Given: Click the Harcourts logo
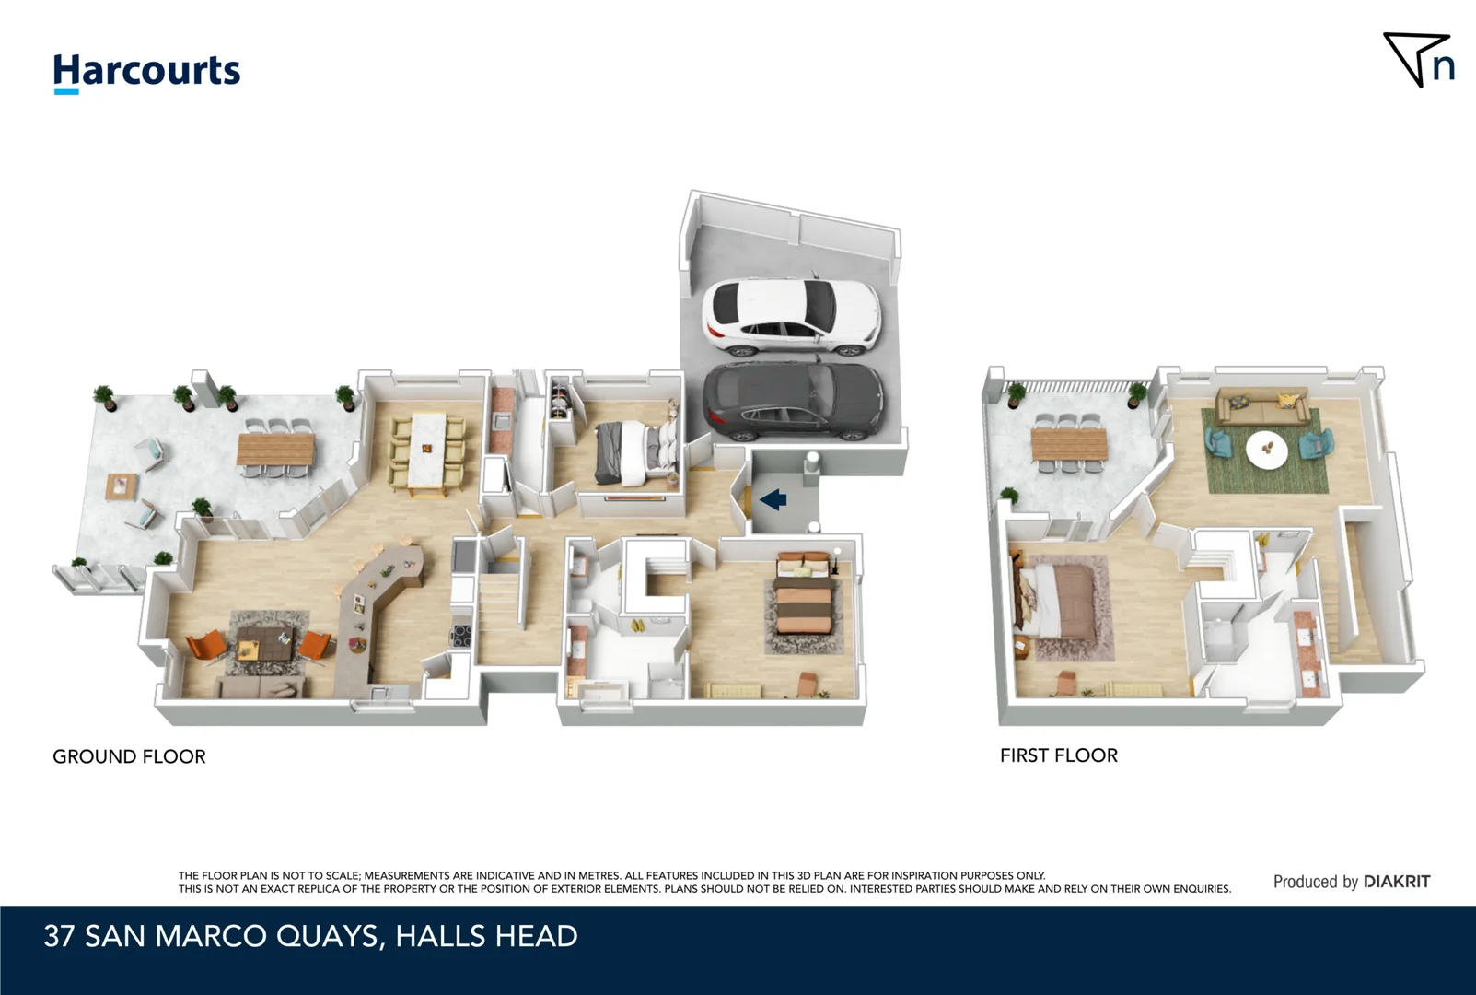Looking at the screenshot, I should pos(146,72).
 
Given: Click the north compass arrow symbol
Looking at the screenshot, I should pos(1419,60).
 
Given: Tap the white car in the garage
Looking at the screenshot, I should pos(791,318).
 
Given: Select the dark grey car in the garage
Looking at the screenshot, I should pos(793,403).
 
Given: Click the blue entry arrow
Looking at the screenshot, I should pos(773,500).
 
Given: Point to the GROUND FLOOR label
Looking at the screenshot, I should pos(129,756).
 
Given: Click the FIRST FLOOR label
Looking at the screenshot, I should pos(1058,755).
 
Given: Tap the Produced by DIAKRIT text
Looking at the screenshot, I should pos(1351,882).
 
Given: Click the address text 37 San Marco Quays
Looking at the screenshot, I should pos(310,936).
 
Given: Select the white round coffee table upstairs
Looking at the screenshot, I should pos(1267,450).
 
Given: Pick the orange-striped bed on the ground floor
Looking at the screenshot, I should pos(805,599).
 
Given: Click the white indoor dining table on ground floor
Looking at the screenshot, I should pos(427,450).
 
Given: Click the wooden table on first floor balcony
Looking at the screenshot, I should pos(1068,445).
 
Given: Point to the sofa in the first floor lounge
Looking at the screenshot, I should pos(1261,406).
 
